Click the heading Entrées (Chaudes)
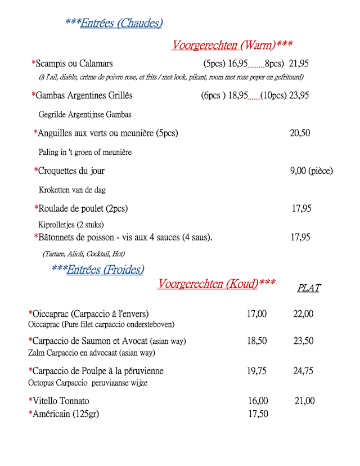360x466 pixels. (121, 23)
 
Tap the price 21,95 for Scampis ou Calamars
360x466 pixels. (299, 64)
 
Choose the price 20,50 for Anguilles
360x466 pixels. (300, 133)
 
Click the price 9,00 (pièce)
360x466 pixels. (311, 171)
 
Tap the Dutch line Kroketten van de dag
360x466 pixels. (72, 190)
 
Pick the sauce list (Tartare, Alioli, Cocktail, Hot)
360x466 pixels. (84, 254)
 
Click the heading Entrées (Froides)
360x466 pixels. (105, 270)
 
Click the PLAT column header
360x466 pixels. (309, 288)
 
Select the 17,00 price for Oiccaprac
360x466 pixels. (256, 314)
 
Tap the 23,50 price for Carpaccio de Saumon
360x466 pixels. (303, 341)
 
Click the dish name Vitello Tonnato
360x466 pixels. (61, 401)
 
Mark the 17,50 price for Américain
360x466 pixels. (258, 414)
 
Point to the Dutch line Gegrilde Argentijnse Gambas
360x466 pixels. (85, 114)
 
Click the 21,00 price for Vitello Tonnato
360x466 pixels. (304, 401)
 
